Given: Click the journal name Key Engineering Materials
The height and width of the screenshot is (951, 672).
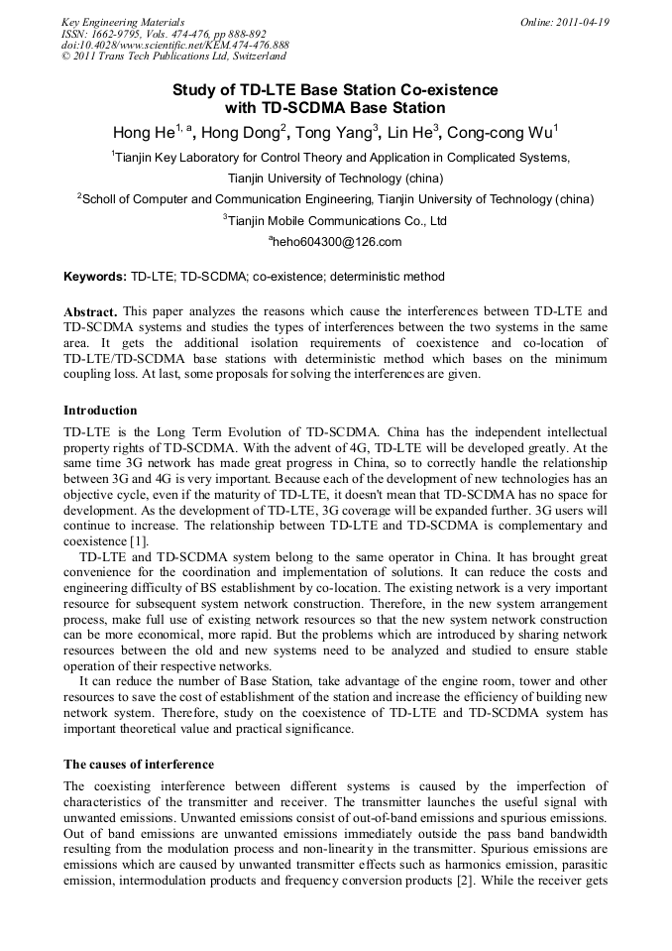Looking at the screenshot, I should click(123, 22).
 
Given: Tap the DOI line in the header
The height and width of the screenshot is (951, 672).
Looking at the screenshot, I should click(175, 46).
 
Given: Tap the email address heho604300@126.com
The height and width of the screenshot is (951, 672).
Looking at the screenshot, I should click(337, 242).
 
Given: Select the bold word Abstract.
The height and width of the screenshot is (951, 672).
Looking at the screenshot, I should click(90, 311).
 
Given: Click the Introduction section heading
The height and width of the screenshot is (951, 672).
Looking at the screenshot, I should click(100, 410).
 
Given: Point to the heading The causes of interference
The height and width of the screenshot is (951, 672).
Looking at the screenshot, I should click(139, 764).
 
